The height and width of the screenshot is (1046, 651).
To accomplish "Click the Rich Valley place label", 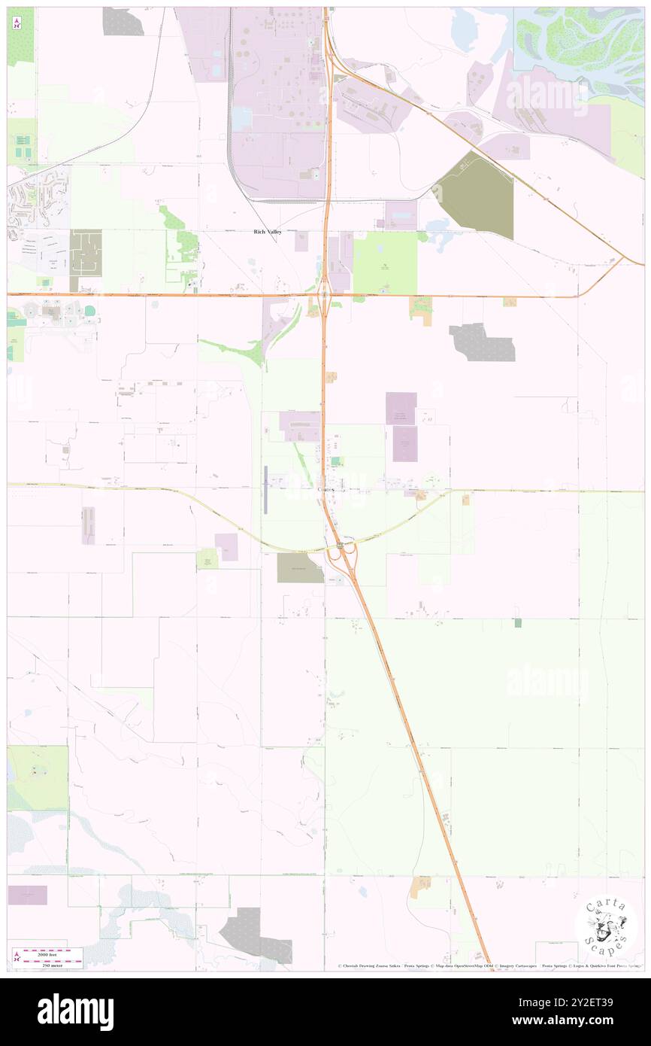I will pos(267,233).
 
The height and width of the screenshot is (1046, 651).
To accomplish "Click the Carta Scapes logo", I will pos(607,926).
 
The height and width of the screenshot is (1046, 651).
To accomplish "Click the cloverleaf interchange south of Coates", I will pos(344,556).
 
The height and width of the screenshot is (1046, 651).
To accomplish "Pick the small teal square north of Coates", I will pos(336,461).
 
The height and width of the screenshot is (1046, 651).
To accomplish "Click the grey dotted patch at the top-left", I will pos(123,21).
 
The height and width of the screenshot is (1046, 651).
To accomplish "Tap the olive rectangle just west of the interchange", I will pos(299,567).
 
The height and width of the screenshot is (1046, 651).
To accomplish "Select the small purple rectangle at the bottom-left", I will pos(28,895).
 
